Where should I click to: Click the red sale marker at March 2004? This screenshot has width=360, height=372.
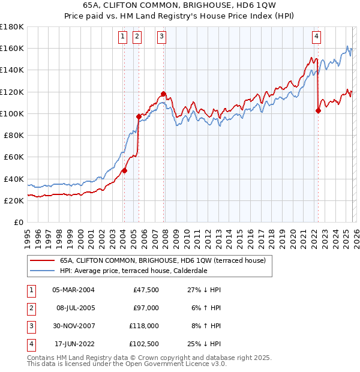pyautogui.click(x=125, y=170)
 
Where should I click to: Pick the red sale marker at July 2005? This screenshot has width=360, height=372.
pyautogui.click(x=139, y=116)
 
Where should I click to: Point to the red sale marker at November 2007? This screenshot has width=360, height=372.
pyautogui.click(x=164, y=94)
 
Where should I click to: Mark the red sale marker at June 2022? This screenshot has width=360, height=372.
pyautogui.click(x=318, y=110)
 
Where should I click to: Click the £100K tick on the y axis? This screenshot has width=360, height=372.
pyautogui.click(x=12, y=113)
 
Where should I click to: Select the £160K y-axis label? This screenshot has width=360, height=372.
pyautogui.click(x=12, y=48)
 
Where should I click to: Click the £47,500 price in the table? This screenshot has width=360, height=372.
pyautogui.click(x=144, y=290)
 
